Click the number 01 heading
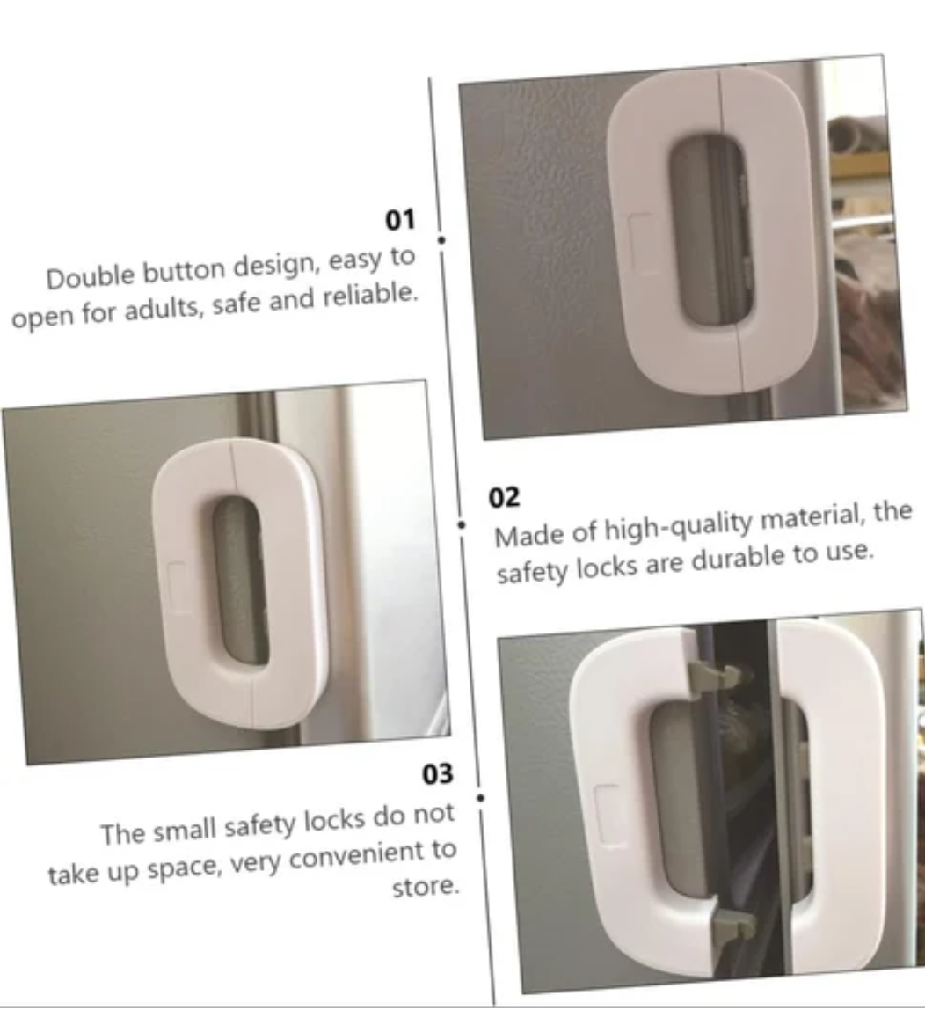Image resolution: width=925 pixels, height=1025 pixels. (x=400, y=219)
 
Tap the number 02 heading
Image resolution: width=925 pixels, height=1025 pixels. (x=504, y=497)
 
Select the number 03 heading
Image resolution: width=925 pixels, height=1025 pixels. (x=437, y=773)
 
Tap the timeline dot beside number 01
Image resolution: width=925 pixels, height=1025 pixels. (x=441, y=238)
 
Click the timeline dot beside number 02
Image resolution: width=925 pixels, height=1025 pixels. (x=462, y=524)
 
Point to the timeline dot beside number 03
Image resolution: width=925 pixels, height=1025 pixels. (x=481, y=798)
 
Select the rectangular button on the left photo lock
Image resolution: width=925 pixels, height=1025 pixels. (x=179, y=588)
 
